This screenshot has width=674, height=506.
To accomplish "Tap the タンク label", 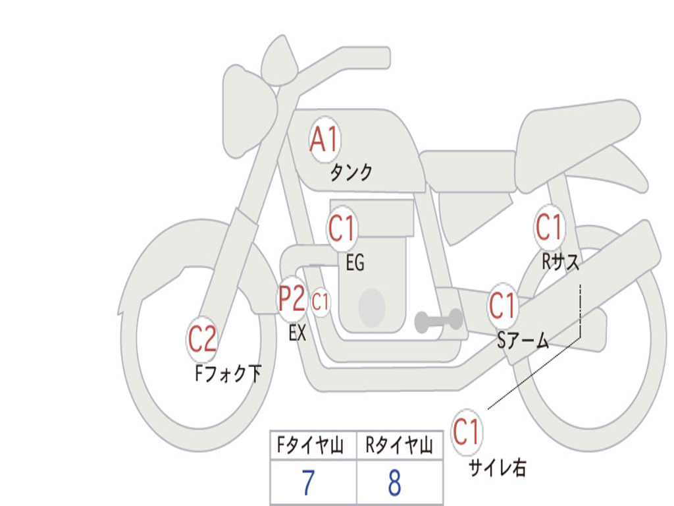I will (351, 173).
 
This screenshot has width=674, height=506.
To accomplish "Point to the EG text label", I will (355, 264).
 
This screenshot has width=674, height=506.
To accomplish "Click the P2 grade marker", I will (292, 300).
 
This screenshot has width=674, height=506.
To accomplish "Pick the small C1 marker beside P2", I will (321, 303).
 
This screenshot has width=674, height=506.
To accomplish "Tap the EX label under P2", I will (298, 333).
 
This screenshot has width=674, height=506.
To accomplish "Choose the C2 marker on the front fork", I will (202, 339).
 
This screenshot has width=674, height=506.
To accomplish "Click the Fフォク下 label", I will (228, 374).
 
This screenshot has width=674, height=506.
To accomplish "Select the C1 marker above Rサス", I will (549, 227).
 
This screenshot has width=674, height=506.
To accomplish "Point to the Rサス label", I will (560, 262).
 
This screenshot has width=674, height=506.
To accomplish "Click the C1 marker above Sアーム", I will (502, 306).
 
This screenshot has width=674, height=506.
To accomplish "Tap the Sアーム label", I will (523, 341).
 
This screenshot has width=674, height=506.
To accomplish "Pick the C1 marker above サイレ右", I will (467, 432).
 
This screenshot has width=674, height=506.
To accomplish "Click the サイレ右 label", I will (497, 468).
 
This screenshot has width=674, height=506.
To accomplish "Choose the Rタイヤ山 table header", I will (400, 447).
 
